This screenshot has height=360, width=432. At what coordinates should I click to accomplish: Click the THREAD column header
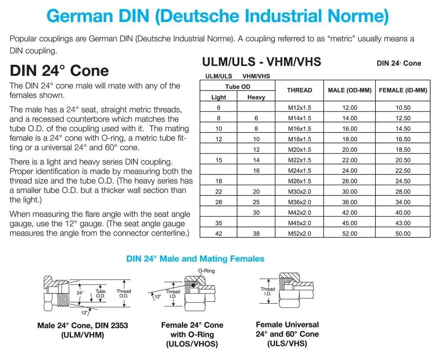coord(299,90)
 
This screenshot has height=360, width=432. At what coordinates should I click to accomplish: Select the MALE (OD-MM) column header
coord(349,90)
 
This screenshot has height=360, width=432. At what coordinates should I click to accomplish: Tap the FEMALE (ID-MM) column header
coord(403,90)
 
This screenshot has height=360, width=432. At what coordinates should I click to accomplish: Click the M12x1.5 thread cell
coord(299,107)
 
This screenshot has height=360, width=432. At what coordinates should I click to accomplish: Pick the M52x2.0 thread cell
coord(299,234)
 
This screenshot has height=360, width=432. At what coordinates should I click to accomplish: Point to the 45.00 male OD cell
coord(349,223)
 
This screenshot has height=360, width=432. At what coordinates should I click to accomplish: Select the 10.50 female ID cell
coord(403,107)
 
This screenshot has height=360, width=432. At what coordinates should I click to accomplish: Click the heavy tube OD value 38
coord(256,234)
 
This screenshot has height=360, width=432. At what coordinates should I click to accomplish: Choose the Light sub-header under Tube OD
coord(219,97)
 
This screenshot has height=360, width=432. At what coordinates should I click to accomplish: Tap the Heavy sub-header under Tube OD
coord(256,97)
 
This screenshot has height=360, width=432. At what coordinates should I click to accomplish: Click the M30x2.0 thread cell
coord(299,192)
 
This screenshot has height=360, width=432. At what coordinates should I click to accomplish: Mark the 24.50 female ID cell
coord(403,181)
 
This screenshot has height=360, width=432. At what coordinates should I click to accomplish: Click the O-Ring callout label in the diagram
coord(206,271)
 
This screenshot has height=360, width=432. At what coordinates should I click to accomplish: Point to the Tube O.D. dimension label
coord(101,294)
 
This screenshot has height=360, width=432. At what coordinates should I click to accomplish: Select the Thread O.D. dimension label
coord(124,294)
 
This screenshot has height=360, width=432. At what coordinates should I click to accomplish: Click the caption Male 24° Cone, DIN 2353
coord(83,325)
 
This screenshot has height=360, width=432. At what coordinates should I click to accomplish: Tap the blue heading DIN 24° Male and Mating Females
coord(195,259)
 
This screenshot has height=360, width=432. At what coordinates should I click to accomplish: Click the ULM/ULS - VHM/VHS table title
coord(261,62)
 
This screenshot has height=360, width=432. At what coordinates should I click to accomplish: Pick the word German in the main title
coord(80,16)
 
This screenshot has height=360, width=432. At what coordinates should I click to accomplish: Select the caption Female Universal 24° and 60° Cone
coord(287,329)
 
